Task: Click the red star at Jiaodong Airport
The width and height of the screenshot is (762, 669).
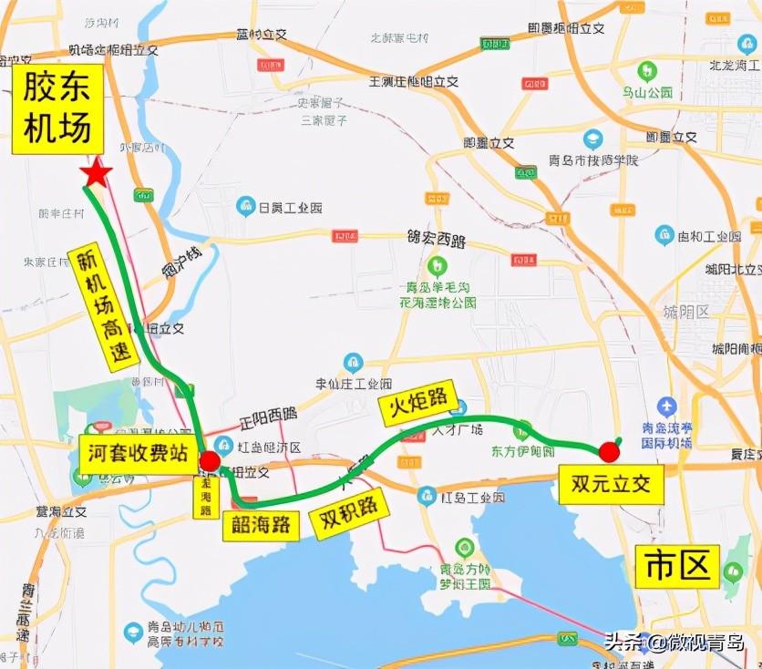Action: pos(97,172)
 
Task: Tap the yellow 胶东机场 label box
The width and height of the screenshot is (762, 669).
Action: pos(57,108)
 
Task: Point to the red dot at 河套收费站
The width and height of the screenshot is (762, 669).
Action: pos(210,460)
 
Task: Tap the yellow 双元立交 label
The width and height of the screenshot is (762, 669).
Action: pos(612,484)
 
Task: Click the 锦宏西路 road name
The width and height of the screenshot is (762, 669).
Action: pos(436,241)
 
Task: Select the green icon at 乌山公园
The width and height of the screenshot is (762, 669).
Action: pos(646,70)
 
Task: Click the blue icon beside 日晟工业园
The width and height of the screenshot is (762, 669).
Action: pos(245,206)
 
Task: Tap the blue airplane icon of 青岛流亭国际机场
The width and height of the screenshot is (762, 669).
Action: pos(667,407)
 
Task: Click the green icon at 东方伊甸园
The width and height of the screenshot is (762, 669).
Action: pos(523,430)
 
